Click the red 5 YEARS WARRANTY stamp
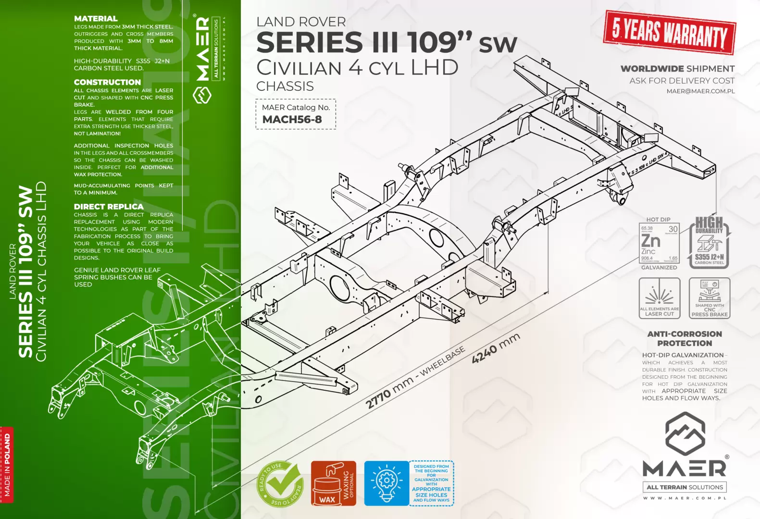(x=669, y=32)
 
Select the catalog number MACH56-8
(x=292, y=120)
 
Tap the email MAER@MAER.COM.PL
(x=700, y=91)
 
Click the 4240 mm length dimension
(x=496, y=348)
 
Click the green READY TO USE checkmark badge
(x=280, y=484)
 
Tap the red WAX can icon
(x=327, y=484)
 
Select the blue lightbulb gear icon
(x=386, y=483)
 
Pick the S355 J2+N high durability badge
(x=710, y=242)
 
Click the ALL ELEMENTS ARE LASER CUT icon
(x=659, y=298)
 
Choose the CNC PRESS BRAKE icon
(x=710, y=298)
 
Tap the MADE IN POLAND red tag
(x=7, y=465)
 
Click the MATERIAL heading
(x=96, y=19)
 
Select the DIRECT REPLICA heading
(x=109, y=207)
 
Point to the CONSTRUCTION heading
(x=107, y=82)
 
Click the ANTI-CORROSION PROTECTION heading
(x=684, y=338)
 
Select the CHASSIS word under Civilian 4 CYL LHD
(x=285, y=86)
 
